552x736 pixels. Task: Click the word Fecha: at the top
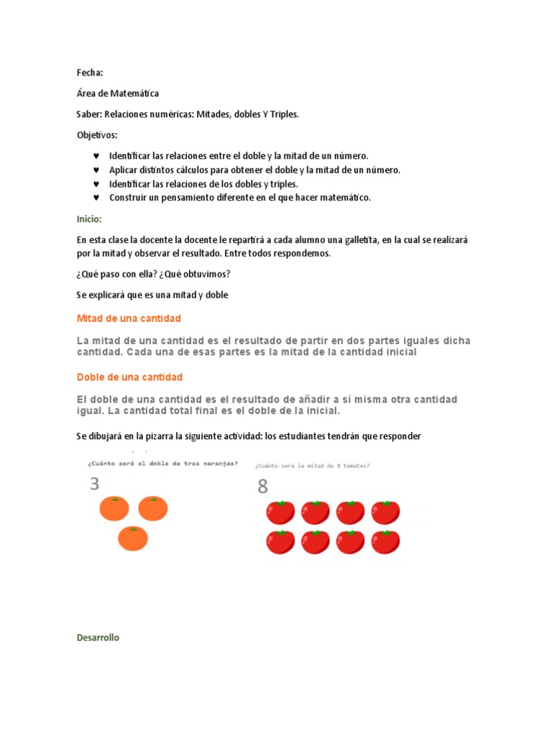click(90, 73)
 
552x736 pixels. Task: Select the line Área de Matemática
click(118, 93)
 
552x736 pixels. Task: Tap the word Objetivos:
click(97, 135)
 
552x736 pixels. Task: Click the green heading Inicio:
click(89, 218)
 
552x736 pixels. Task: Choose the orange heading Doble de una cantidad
click(129, 377)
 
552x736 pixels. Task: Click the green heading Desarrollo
click(98, 638)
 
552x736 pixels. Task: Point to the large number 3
click(94, 484)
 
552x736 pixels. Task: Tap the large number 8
click(262, 487)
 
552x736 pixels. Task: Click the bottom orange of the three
click(132, 538)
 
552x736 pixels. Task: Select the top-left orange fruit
click(114, 508)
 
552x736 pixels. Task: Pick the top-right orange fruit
click(152, 508)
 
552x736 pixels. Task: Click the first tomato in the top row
click(280, 512)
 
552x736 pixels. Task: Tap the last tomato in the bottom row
click(385, 542)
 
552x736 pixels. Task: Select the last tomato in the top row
click(385, 512)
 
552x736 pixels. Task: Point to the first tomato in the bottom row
click(280, 542)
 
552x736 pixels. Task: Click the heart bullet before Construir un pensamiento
click(96, 198)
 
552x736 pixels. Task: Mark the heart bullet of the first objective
click(96, 156)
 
